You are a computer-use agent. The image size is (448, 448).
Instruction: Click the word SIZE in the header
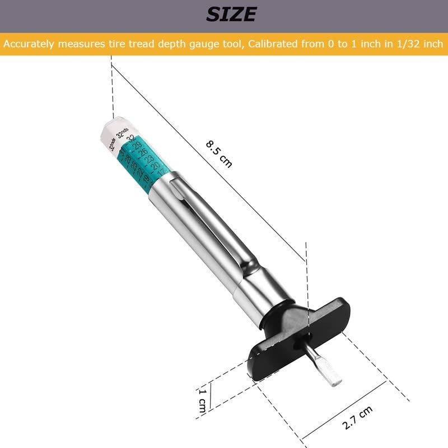pyautogui.click(x=231, y=14)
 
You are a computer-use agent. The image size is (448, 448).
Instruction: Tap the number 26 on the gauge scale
pyautogui.click(x=143, y=154)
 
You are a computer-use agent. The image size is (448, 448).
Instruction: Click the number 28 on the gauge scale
pyautogui.click(x=128, y=160)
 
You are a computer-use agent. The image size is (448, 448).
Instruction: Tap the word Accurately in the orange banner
pyautogui.click(x=28, y=43)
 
